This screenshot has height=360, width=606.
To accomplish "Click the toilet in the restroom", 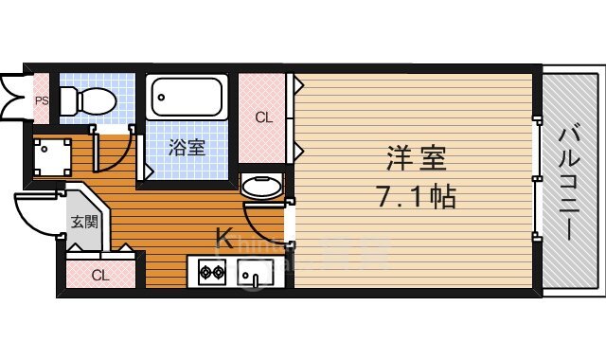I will (84, 99).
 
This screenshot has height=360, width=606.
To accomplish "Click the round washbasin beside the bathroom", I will (261, 185).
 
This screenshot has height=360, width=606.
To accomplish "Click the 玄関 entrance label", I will (83, 223).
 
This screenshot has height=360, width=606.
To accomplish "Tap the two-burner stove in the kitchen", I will (210, 274).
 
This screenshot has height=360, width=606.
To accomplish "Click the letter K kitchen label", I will (224, 238).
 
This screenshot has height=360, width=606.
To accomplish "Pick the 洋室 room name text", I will (411, 156).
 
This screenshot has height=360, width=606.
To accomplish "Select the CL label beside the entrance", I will (99, 276).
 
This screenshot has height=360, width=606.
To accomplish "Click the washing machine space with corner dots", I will (51, 155).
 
